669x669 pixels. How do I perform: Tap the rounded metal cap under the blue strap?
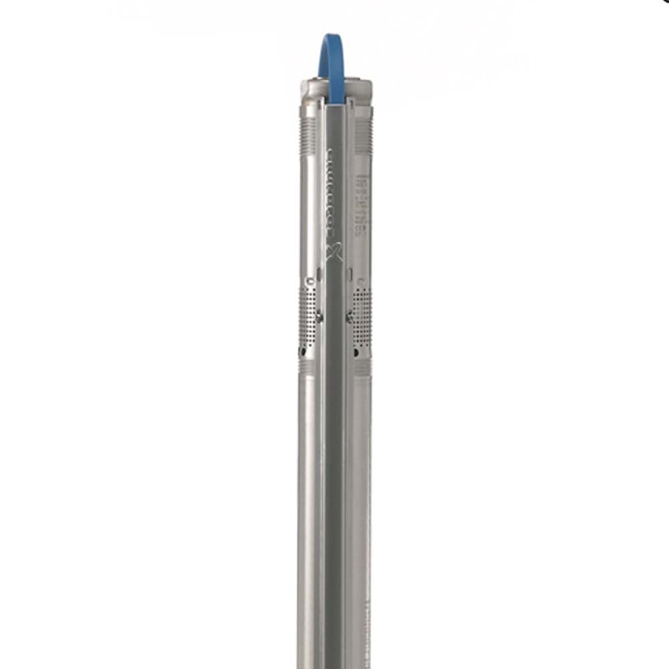click(335, 88)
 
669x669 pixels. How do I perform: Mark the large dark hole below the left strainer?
click(303, 351)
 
